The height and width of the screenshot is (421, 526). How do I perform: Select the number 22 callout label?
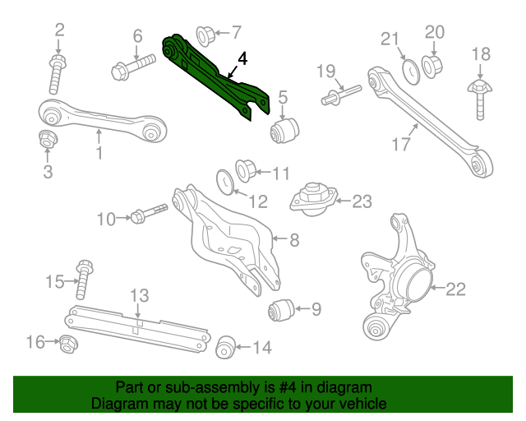click(x=455, y=289)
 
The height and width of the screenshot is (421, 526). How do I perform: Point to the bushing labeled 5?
click(x=284, y=128)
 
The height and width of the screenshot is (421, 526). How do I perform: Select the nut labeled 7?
click(x=206, y=34)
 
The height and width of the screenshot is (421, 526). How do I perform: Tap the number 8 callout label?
click(x=293, y=240)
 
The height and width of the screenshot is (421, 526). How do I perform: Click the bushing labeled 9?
click(x=280, y=311)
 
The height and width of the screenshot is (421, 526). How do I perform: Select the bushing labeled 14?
click(x=225, y=347)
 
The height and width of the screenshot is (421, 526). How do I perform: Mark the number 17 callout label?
click(x=400, y=145)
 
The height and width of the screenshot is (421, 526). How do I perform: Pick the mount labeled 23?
click(x=311, y=200)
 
